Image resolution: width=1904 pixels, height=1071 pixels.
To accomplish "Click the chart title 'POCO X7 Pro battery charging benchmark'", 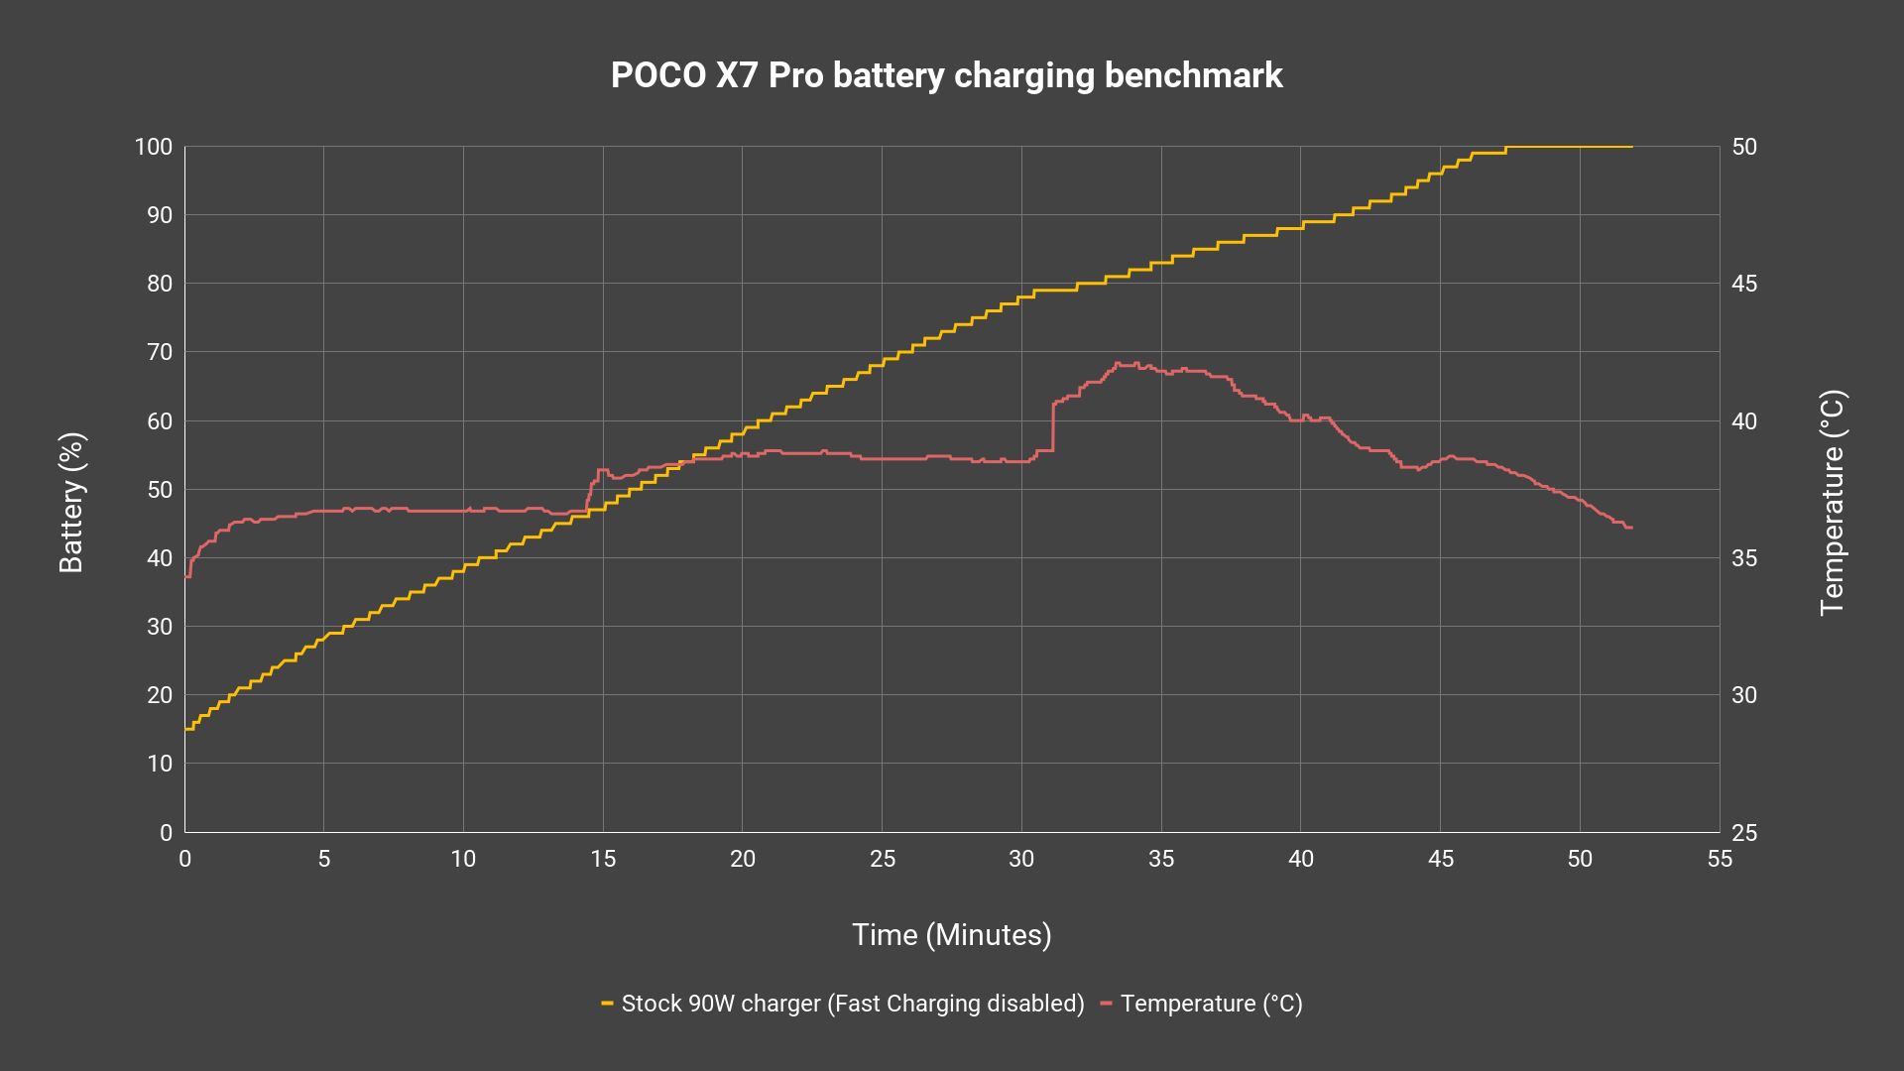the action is pos(946,76).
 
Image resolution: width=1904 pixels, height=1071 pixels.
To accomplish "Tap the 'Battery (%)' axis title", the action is pos(71,503).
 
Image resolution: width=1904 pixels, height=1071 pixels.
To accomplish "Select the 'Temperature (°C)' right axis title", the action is pos(1832,503).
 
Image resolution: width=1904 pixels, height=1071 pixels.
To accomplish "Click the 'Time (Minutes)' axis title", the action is pos(952,935).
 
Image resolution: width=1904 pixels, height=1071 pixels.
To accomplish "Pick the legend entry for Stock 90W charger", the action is pos(843,1004).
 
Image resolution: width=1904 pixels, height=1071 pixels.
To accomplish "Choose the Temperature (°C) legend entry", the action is pos(1202,1004).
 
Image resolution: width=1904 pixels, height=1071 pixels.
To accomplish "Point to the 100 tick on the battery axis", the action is pos(154,148).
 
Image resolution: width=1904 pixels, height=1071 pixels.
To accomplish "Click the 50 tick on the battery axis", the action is pos(160,490).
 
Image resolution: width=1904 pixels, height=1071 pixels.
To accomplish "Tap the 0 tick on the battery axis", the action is pos(167,833).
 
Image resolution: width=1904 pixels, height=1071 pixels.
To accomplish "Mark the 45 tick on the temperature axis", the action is pos(1744,285).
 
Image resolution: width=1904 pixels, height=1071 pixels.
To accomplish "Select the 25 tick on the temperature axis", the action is pos(1744,833).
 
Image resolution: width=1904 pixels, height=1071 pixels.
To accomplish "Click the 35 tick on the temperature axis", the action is pos(1744,558).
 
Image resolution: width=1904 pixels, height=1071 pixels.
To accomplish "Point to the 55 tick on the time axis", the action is pos(1720,859).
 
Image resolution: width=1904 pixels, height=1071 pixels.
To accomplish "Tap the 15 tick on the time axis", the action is pos(603,859).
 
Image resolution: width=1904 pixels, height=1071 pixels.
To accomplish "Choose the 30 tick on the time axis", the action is pos(1021,859).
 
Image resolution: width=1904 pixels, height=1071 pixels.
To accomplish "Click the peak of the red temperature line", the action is pos(1119,363).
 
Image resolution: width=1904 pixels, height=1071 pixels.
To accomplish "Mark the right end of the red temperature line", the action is pos(1631,528).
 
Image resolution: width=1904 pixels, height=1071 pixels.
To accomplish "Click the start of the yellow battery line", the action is pos(185,729).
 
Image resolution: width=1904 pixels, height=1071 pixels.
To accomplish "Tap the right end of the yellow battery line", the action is pos(1632,147).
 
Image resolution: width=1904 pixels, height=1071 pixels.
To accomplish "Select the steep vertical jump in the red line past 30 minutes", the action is pos(1052,426).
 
